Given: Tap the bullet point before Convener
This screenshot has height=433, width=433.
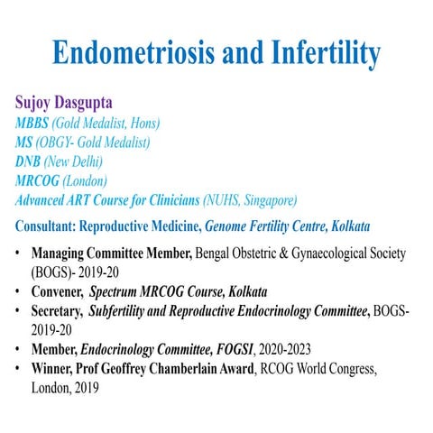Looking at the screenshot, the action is (20, 292).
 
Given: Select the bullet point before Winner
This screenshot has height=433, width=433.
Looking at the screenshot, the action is (20, 369).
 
